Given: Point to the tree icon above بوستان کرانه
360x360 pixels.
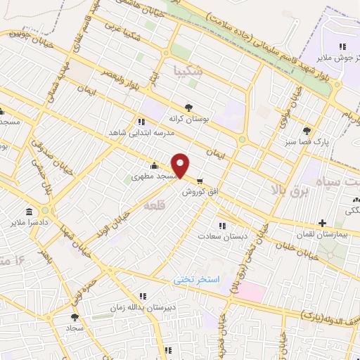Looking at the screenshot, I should coord(188,108).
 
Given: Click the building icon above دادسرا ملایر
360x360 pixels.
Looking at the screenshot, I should coord(29,212).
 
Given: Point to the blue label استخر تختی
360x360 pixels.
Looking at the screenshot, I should coord(197,280).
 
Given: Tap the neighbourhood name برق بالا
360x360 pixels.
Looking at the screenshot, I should coord(290,190).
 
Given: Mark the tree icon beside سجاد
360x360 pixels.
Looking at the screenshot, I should coord(75,318).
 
